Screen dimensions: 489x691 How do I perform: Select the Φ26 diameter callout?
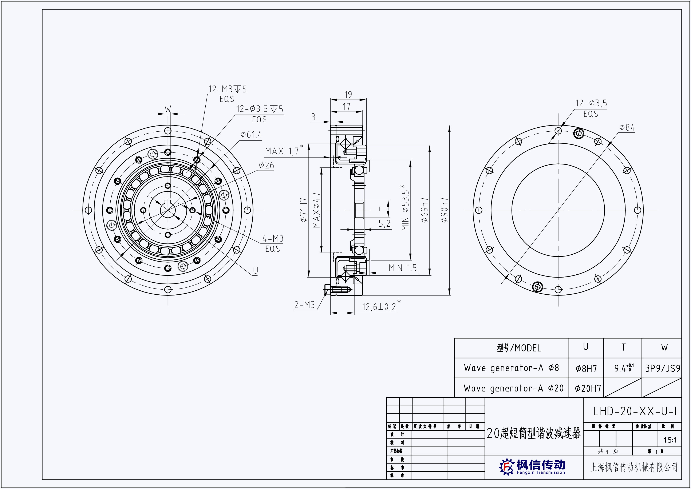click(x=266, y=165)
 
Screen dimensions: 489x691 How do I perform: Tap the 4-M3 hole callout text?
click(x=273, y=239)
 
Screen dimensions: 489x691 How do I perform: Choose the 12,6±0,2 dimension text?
click(x=379, y=307)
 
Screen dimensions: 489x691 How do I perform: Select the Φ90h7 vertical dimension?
click(x=445, y=210)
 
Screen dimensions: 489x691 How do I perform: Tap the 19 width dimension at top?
click(x=348, y=95)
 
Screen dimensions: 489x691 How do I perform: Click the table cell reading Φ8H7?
click(x=586, y=369)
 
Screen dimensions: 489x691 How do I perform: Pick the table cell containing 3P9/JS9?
click(x=662, y=368)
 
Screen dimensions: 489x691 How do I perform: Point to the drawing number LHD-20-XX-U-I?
click(x=635, y=411)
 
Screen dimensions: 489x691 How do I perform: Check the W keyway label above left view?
click(x=168, y=109)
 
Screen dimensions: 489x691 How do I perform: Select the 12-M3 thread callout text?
click(x=228, y=90)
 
